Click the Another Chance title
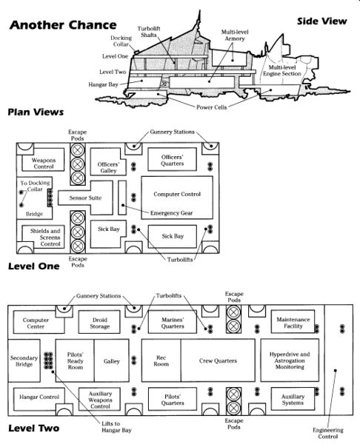[x=63, y=25]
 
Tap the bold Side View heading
[x=322, y=21]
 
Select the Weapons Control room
[x=43, y=160]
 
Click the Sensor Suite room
[x=85, y=198]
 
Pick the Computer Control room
[x=177, y=198]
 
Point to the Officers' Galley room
[x=108, y=161]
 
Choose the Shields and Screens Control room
[x=43, y=237]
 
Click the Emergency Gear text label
[x=172, y=213]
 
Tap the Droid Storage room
[x=99, y=322]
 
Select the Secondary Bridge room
[x=24, y=360]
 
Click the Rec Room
[x=161, y=360]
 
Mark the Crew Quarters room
[x=218, y=360]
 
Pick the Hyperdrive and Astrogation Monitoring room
[x=290, y=360]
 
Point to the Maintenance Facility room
[x=293, y=322]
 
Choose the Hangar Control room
[x=39, y=399]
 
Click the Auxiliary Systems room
[x=293, y=399]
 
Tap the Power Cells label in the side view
[x=211, y=107]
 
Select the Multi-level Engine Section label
[x=282, y=70]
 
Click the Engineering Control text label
[x=328, y=433]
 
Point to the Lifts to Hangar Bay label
[x=116, y=427]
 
